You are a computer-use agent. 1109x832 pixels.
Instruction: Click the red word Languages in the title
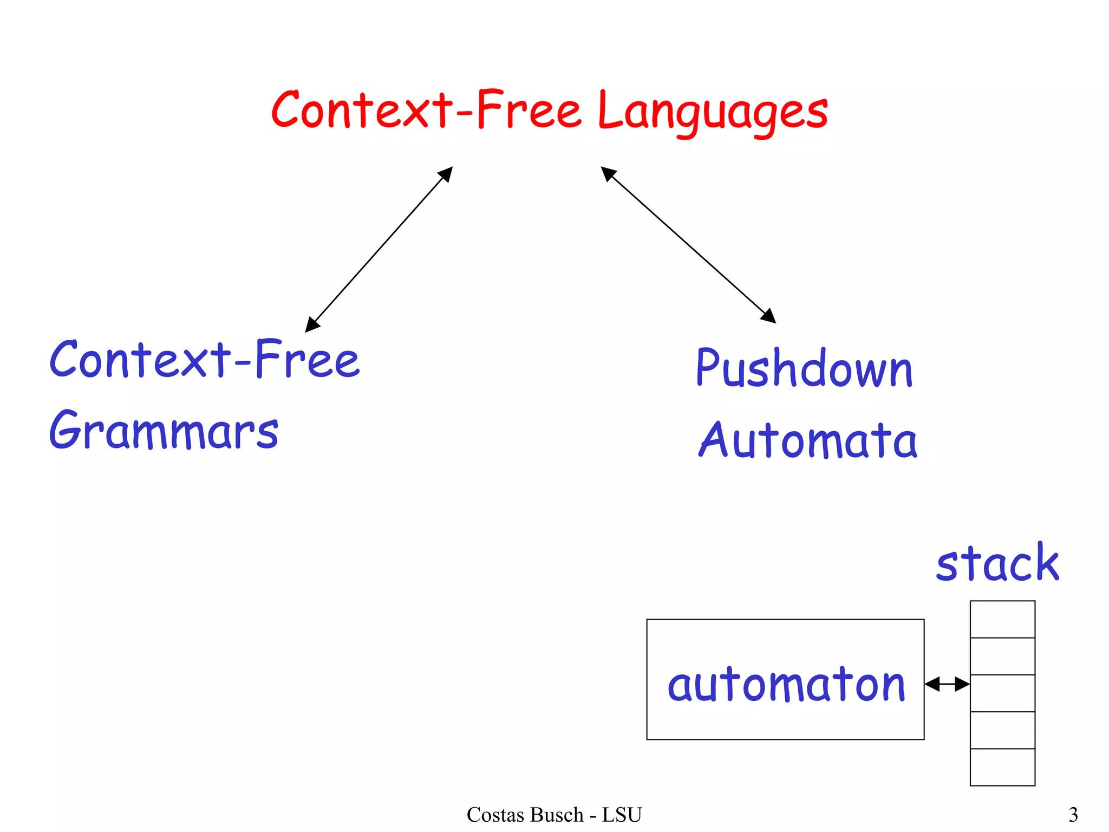713,111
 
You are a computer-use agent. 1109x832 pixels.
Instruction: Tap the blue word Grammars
164,431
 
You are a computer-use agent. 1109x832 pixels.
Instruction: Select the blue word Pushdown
804,368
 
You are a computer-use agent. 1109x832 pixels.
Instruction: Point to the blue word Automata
807,440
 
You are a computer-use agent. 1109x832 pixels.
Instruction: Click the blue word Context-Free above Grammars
204,360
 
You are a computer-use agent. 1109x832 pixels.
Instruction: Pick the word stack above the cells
997,563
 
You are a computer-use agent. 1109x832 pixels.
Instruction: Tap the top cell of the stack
1002,619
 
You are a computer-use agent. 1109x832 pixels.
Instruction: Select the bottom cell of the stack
1002,767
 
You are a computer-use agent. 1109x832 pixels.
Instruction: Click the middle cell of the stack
1002,693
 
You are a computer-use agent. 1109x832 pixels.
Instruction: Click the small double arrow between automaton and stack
947,684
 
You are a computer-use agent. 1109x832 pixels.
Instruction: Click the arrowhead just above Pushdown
769,317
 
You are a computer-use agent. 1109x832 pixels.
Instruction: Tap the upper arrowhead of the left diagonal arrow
446,173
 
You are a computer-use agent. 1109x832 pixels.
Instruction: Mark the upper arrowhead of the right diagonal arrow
608,173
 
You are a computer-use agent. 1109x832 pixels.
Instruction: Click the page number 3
1073,815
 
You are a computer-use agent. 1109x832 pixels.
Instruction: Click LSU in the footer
622,815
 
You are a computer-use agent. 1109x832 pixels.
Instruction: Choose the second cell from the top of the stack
1002,656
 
